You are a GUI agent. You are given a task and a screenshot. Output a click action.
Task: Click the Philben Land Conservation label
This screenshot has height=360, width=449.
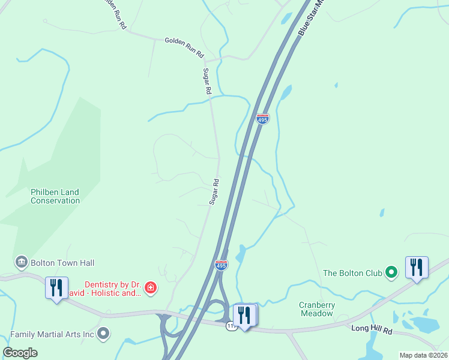(55, 196)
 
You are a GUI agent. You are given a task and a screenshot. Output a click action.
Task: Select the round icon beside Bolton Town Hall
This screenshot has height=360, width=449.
(22, 263)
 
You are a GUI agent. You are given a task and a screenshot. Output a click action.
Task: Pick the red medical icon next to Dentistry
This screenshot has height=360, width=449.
(151, 289)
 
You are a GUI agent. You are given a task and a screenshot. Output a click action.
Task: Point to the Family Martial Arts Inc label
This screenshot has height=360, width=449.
(52, 333)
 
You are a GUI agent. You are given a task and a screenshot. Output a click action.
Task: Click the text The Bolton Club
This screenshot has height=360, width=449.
(352, 273)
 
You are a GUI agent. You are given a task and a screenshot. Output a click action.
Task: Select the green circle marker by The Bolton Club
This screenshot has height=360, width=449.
(391, 273)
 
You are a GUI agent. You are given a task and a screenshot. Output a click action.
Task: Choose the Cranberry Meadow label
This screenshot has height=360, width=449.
(317, 309)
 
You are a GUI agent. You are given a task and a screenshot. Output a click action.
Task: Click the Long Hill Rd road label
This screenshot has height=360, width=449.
(371, 329)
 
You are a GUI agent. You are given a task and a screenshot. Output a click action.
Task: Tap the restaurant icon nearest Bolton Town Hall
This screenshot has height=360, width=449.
(56, 287)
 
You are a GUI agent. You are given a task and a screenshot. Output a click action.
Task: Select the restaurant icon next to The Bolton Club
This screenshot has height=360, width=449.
(417, 267)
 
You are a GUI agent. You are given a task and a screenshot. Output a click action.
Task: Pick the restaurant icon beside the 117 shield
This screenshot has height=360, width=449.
(244, 314)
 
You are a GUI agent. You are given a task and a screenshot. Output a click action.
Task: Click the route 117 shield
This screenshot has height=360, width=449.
(231, 326)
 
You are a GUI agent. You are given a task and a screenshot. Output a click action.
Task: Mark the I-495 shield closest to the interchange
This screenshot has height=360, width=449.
(221, 265)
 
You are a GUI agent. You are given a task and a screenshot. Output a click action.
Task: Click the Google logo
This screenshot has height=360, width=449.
(20, 353)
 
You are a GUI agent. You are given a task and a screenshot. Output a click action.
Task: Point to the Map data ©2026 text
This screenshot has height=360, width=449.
(423, 355)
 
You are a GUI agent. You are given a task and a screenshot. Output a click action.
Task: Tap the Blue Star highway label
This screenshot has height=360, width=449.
(311, 16)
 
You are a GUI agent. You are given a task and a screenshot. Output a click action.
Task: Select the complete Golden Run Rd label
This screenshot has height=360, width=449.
(184, 47)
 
